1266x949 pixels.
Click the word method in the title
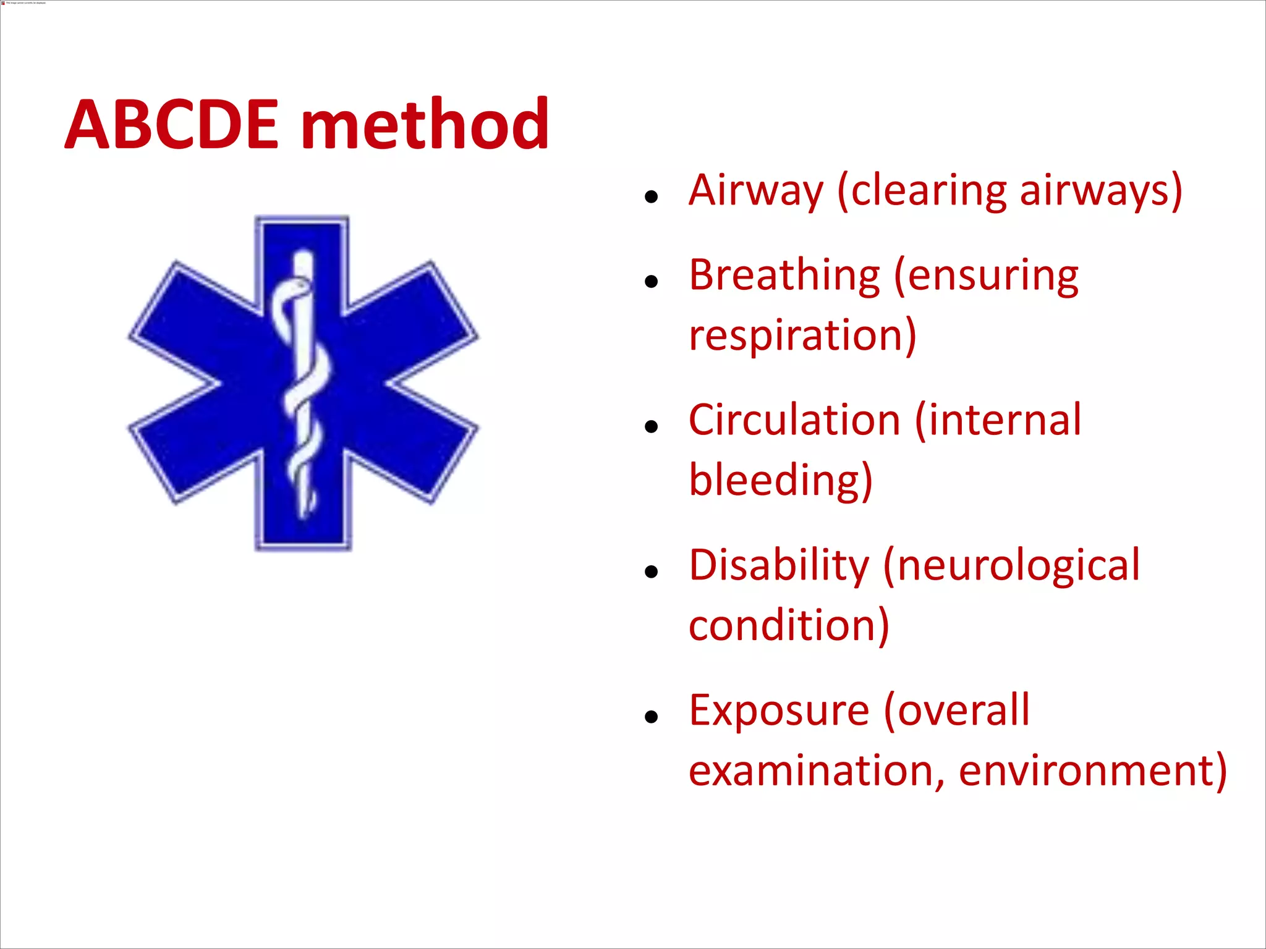(425, 125)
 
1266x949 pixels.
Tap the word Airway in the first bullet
(755, 190)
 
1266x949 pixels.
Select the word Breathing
(784, 276)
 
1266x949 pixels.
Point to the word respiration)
(802, 335)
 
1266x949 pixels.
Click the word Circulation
(794, 420)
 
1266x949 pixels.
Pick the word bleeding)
(780, 480)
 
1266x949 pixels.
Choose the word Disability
(779, 565)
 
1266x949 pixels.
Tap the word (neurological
(1011, 565)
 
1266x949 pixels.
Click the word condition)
(789, 625)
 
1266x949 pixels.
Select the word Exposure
(779, 711)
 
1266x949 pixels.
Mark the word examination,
(817, 771)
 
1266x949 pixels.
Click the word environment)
(1092, 771)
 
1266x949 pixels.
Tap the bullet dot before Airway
(650, 198)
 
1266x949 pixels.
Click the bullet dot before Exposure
(650, 717)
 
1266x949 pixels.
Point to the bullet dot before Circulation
(650, 427)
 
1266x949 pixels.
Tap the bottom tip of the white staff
(304, 515)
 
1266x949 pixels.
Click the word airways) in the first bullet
(1101, 190)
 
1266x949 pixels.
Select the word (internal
(998, 420)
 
